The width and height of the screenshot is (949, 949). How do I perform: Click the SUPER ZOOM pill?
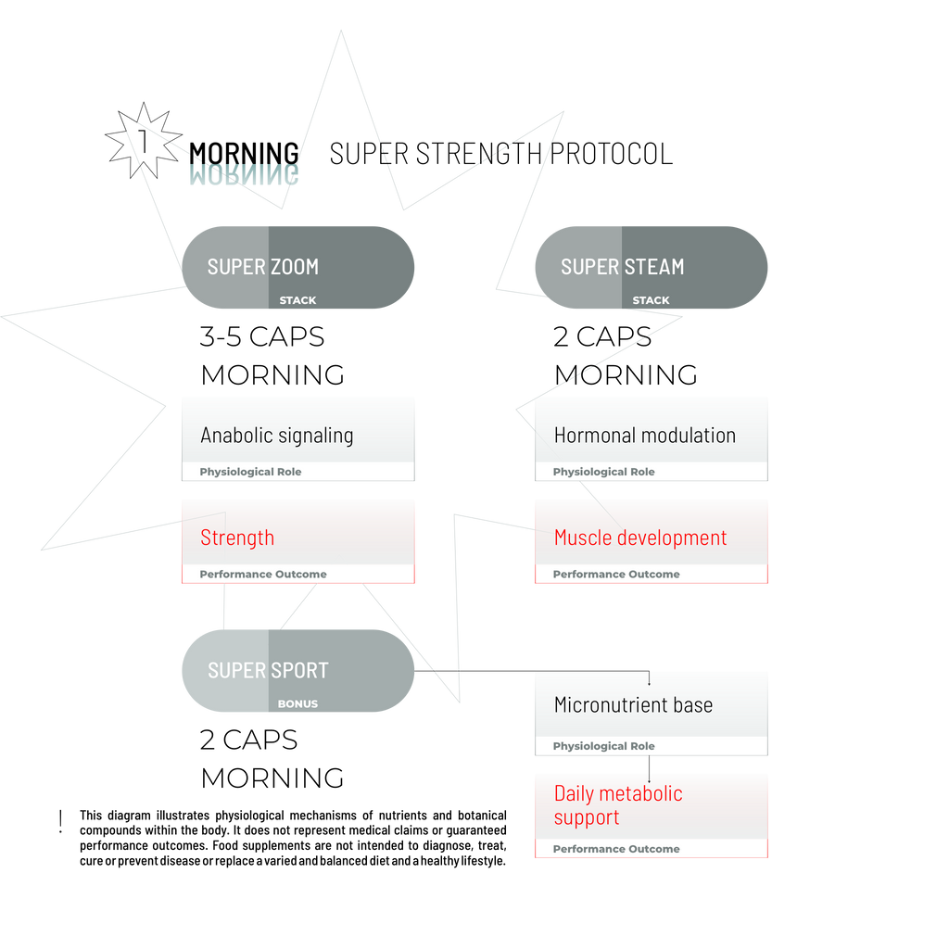coord(297,266)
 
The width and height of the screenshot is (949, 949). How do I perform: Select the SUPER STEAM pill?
coord(651,266)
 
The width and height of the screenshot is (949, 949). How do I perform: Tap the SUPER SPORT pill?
coord(297,669)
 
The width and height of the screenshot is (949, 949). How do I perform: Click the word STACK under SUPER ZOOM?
coord(297,300)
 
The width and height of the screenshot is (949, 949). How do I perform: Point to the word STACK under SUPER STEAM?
coord(651,300)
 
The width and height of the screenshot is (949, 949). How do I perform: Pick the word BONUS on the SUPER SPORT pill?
coord(297,704)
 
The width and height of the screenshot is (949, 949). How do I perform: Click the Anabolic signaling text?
coord(277,435)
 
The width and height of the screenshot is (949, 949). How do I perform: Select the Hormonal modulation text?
coord(644,435)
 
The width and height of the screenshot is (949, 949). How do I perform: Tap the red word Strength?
coord(237,538)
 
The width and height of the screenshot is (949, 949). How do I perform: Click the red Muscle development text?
coord(640,538)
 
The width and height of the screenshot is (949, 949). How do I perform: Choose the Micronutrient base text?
coord(633,704)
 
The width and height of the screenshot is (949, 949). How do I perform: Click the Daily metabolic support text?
coord(618,805)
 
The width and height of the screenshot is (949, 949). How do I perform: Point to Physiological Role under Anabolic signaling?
coord(250,472)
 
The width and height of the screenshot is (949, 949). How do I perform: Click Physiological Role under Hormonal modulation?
coord(603,472)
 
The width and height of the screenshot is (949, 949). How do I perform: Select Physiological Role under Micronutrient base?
coord(603,746)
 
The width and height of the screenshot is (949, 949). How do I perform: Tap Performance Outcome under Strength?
coord(263,575)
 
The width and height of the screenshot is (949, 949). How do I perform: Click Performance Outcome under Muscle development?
coord(616,575)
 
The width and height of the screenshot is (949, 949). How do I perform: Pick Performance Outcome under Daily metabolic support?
coord(616,849)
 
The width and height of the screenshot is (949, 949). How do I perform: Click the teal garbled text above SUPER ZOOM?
coord(244,175)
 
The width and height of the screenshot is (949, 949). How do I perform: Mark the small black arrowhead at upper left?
coord(122,116)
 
